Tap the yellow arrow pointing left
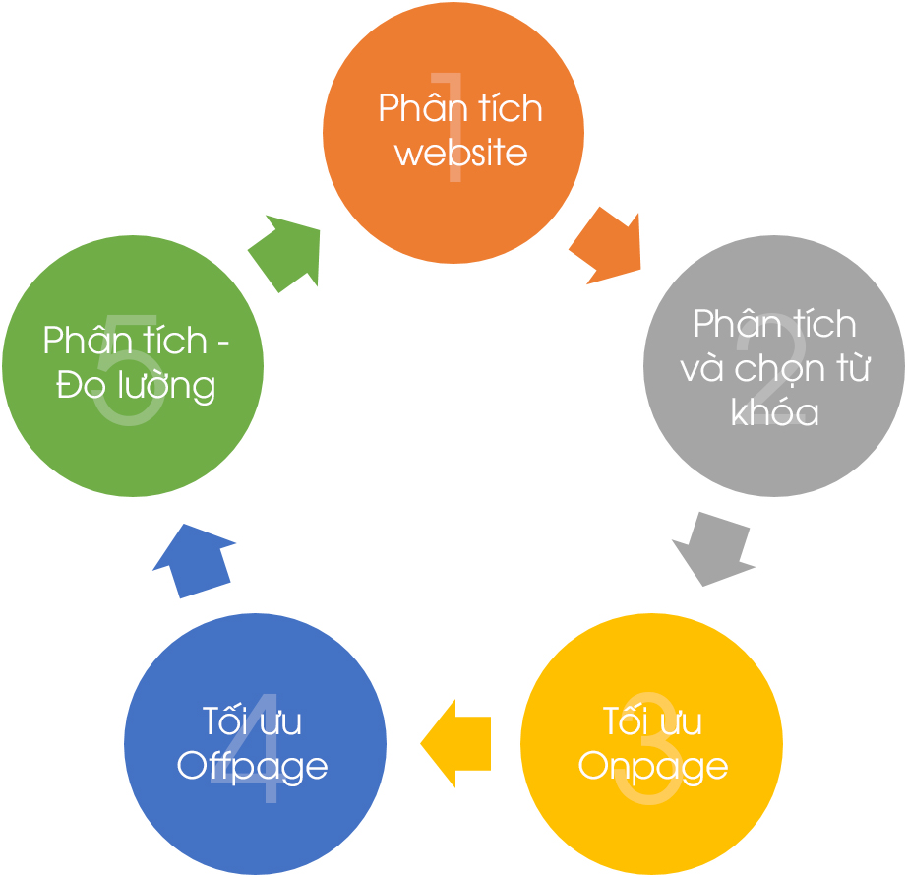tap(455, 743)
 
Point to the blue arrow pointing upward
tap(195, 560)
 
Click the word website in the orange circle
tap(461, 154)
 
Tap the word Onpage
tap(652, 768)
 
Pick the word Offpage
tap(252, 767)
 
